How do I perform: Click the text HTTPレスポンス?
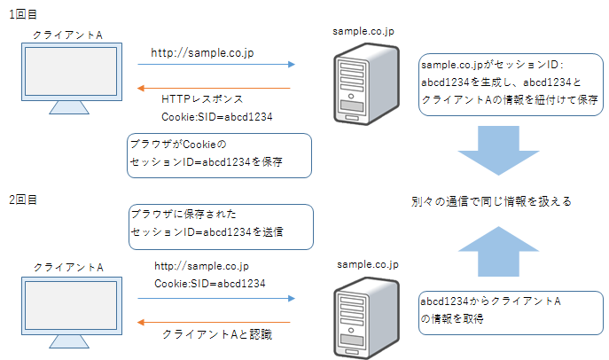pos(202,99)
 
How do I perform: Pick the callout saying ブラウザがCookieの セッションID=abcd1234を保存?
pos(219,154)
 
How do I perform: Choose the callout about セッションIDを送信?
pos(219,224)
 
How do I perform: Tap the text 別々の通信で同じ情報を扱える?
pos(491,201)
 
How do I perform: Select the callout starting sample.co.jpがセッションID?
pos(510,82)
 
